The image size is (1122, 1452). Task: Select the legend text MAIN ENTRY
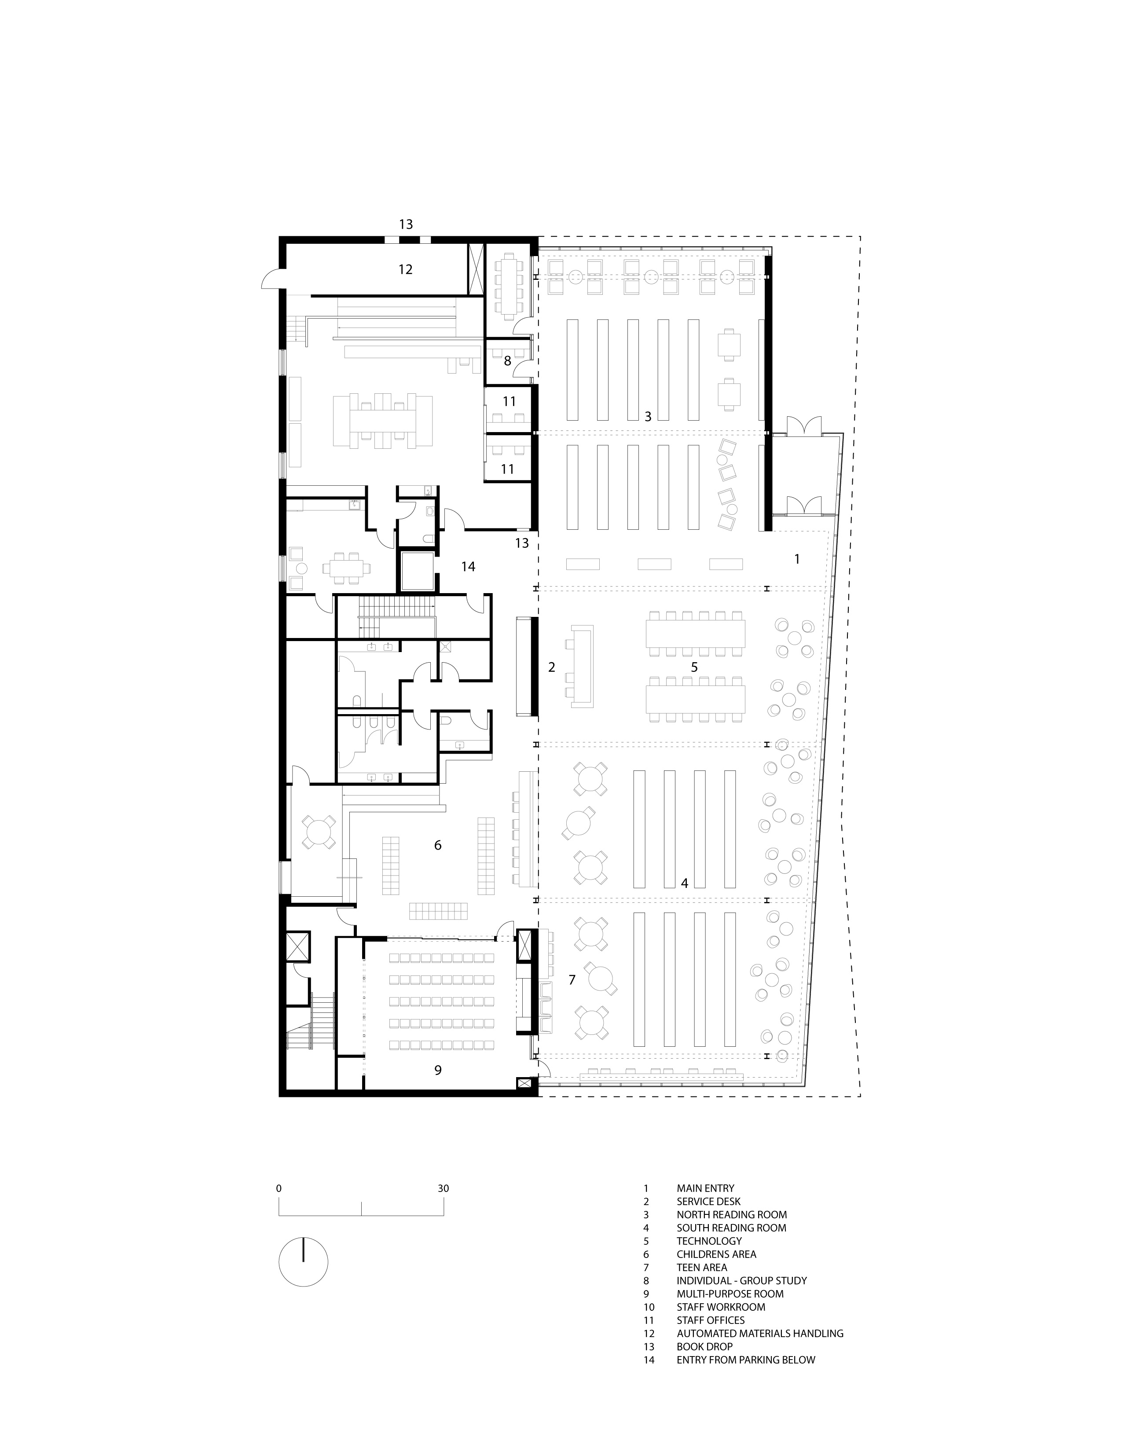coord(705,1188)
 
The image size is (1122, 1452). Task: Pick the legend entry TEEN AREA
coord(702,1267)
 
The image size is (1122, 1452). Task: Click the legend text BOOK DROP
coord(704,1346)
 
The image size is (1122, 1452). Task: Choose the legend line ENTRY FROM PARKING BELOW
coord(746,1360)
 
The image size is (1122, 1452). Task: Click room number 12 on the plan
coord(406,269)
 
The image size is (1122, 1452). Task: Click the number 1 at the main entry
coord(797,559)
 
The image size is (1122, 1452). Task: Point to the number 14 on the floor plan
coord(469,566)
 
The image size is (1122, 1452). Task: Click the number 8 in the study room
coord(508,361)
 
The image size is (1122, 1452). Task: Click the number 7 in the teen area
coord(572,980)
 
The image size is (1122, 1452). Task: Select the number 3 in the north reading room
coord(648,416)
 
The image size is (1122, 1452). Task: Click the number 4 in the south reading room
coord(685,883)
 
